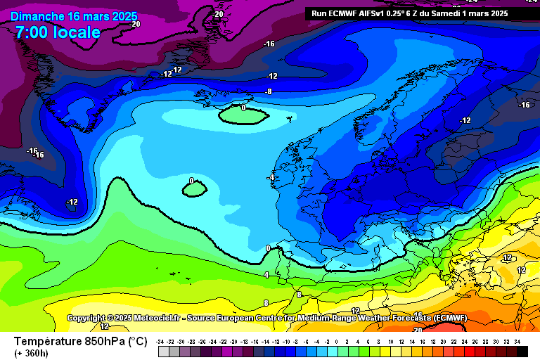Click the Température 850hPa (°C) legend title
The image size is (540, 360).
click(80, 341)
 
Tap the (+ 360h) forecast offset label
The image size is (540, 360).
click(32, 353)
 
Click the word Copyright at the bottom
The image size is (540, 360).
click(91, 319)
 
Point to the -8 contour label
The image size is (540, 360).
click(268, 91)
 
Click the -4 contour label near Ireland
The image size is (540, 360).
click(270, 178)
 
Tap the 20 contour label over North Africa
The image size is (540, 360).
click(418, 330)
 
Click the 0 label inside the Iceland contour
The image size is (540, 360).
click(243, 108)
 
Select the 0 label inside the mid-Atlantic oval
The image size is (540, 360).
click(191, 181)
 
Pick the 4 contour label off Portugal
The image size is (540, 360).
click(266, 275)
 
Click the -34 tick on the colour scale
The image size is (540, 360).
click(161, 340)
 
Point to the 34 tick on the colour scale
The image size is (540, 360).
click(517, 340)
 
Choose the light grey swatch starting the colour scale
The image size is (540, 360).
click(163, 350)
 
